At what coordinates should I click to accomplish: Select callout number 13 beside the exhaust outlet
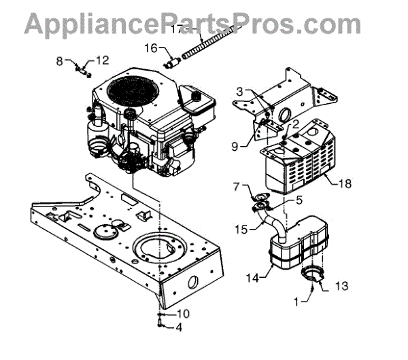point(342,287)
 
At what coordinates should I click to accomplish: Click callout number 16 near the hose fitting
point(150,48)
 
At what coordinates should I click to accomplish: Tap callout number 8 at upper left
point(60,60)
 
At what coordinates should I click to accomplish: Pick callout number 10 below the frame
point(183,313)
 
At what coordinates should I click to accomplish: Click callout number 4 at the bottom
point(179,328)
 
